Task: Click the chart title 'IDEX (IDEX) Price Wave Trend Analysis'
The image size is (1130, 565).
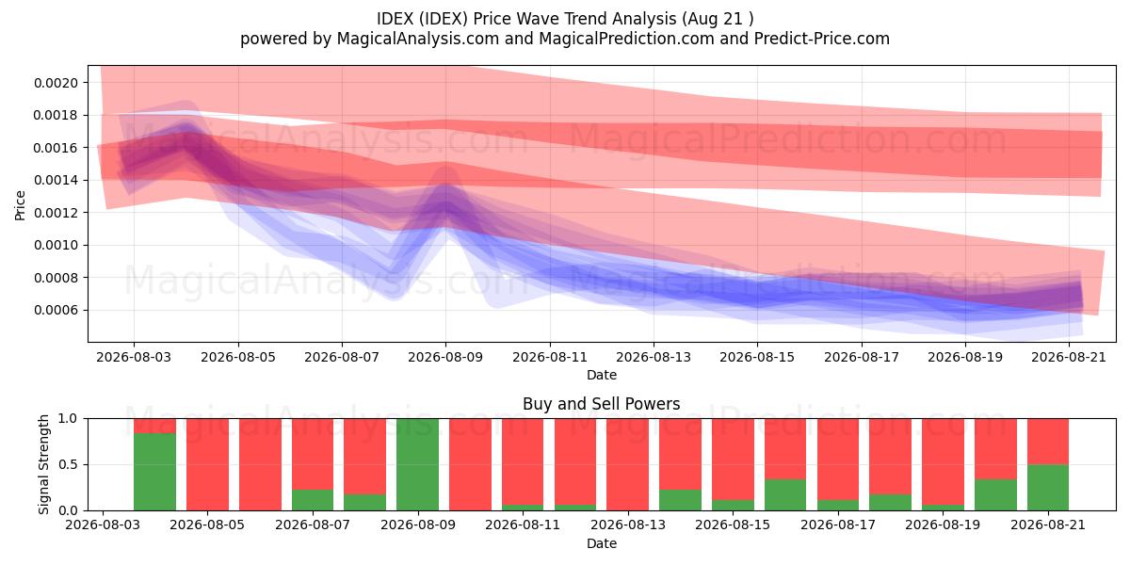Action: [x=526, y=19]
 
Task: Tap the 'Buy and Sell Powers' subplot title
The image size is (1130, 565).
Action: [x=602, y=404]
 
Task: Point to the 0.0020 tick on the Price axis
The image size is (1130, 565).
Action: [x=56, y=83]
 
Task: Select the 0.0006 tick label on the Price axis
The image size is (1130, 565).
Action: [x=56, y=310]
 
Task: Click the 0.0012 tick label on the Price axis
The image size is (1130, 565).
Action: [x=56, y=213]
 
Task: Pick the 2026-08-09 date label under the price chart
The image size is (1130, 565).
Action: [x=445, y=357]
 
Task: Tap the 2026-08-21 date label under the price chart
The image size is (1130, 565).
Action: [x=1069, y=357]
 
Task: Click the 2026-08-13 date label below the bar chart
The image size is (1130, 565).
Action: [x=628, y=525]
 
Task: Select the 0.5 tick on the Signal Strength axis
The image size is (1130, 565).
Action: [x=69, y=464]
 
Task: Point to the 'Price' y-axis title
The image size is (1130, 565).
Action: [x=20, y=205]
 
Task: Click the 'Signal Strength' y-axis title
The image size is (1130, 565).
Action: [x=43, y=464]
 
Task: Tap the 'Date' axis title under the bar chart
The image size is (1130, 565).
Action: [x=602, y=543]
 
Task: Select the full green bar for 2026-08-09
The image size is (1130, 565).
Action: [x=418, y=464]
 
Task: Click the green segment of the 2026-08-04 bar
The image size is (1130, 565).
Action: [x=154, y=472]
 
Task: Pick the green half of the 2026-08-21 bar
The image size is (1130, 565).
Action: [x=1048, y=488]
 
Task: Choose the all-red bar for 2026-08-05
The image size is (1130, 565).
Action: [x=207, y=464]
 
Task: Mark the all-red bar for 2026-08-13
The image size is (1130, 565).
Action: [x=627, y=464]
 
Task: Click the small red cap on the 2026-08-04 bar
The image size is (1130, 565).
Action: [x=154, y=426]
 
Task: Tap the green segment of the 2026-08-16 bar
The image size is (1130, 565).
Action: [x=785, y=495]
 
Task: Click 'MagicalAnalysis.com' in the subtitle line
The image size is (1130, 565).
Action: [x=418, y=39]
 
